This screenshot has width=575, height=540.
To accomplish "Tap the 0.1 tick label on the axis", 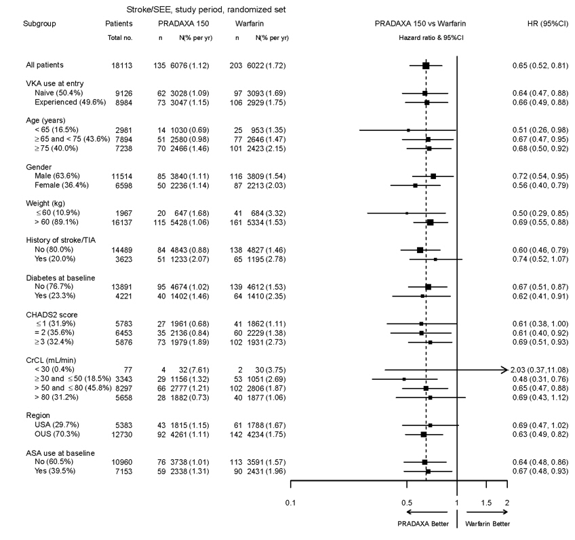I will coord(291,503).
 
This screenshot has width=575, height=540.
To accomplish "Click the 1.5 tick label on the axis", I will coord(486,503).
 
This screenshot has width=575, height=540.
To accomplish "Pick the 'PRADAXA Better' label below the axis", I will coord(419,524).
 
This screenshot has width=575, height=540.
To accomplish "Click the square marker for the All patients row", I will coord(426,65).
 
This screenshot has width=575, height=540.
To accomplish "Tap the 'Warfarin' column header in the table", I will coord(250,23).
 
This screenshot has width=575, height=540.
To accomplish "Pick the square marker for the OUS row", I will coord(424,434).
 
